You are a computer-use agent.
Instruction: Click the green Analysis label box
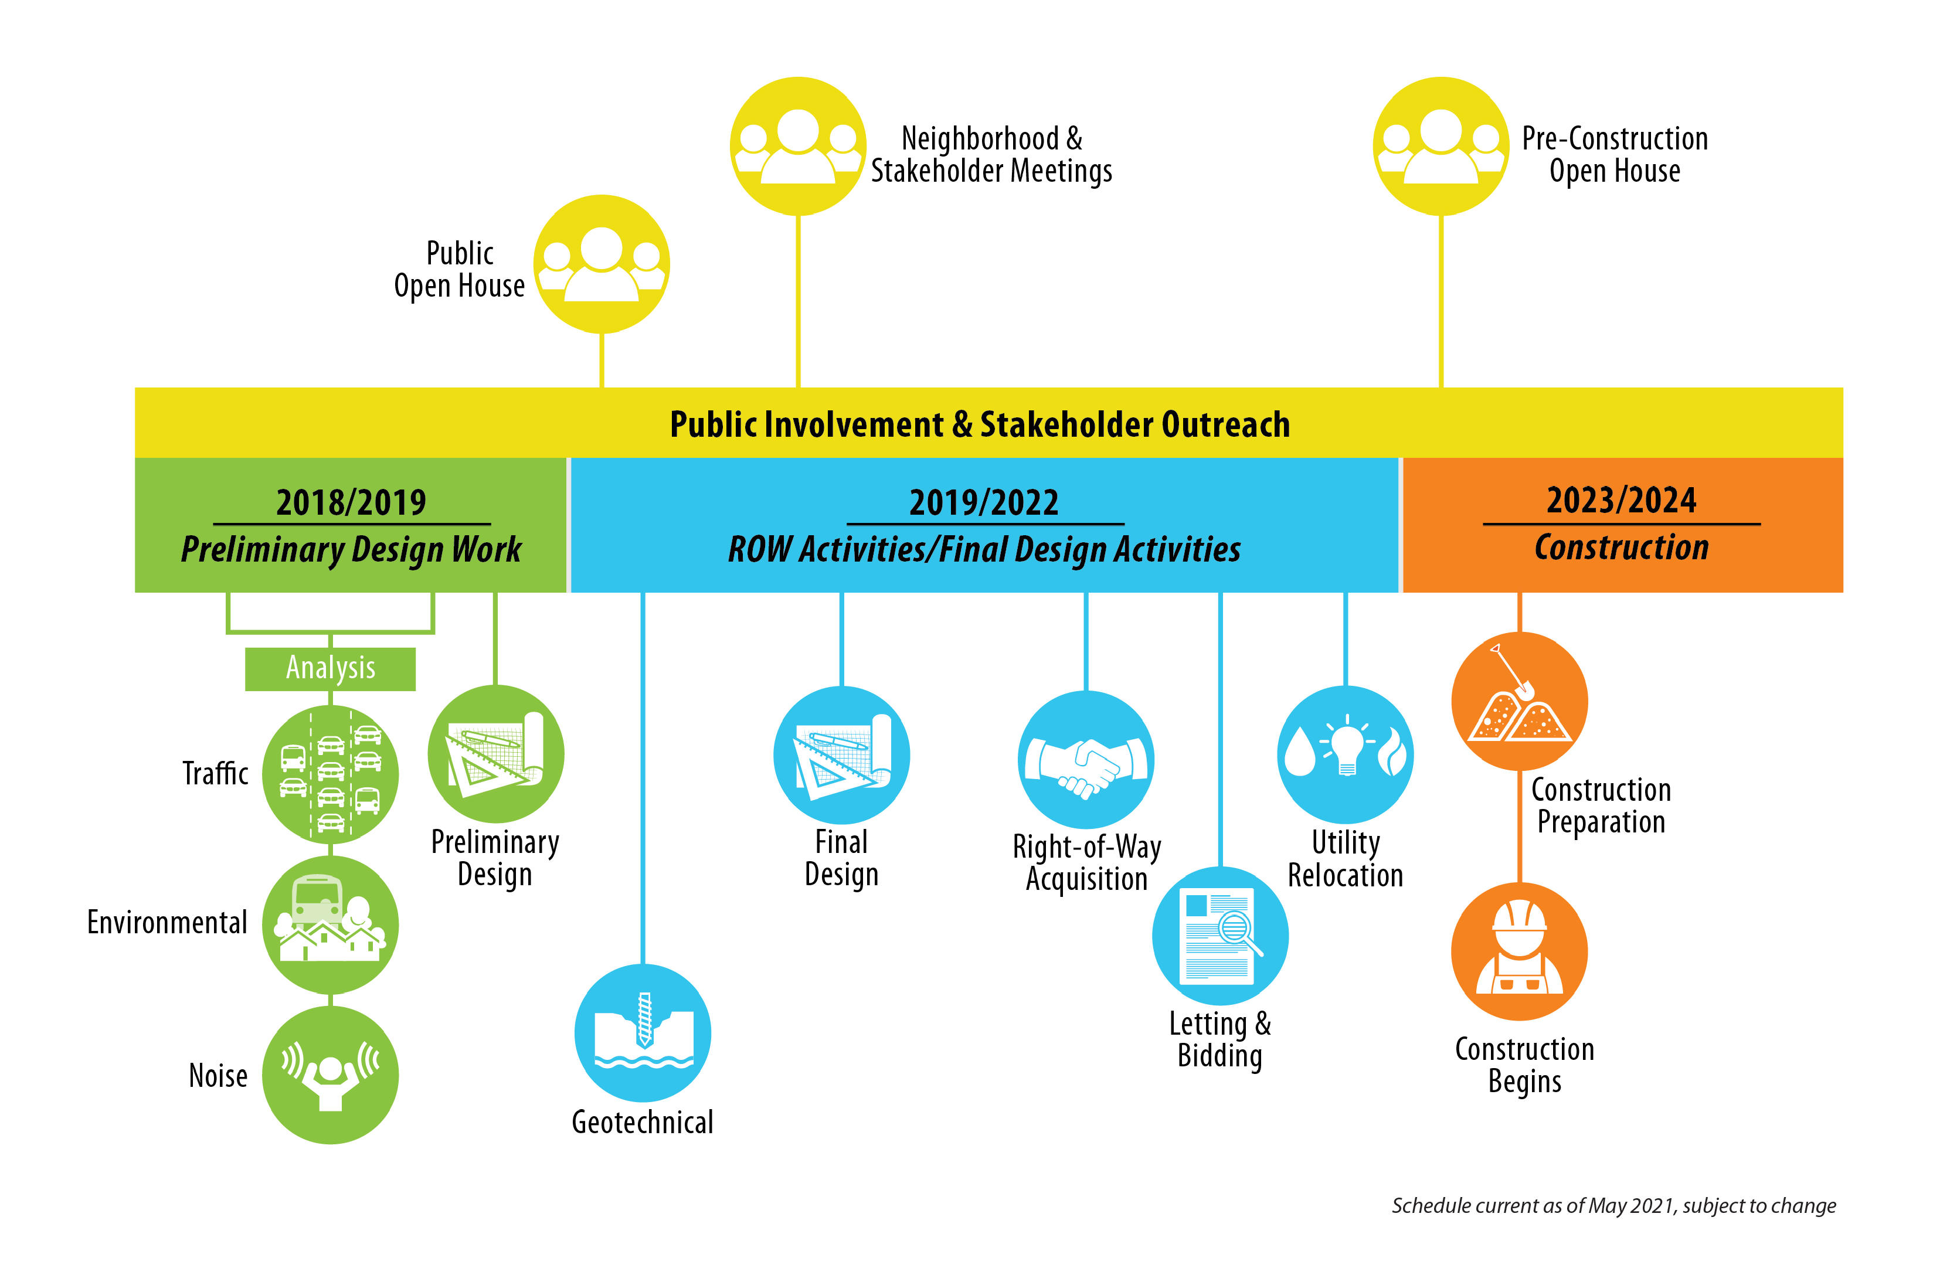(330, 669)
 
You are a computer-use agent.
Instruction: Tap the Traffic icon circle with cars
(330, 774)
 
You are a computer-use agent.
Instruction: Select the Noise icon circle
(330, 1075)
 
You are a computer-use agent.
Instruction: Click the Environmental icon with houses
(330, 924)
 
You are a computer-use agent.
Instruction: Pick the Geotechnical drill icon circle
(643, 1032)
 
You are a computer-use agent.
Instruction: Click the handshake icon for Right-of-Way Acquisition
(1086, 760)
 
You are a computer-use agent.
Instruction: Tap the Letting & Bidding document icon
(1220, 936)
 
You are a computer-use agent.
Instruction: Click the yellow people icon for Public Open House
(602, 264)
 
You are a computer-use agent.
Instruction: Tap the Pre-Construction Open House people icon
(1441, 146)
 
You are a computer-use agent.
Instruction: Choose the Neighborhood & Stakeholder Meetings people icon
(798, 146)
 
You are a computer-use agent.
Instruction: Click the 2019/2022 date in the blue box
(984, 502)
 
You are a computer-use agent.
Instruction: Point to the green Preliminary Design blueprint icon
(496, 754)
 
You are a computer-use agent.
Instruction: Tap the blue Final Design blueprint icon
(841, 755)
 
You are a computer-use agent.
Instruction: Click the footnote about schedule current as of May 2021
(1613, 1205)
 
